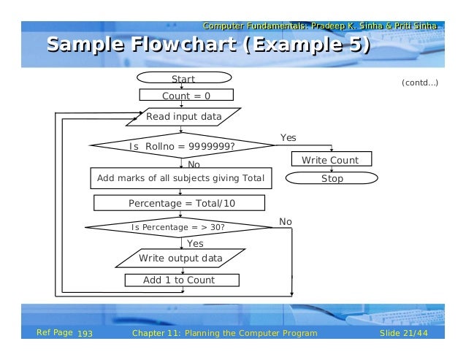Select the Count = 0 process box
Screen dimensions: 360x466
click(x=186, y=96)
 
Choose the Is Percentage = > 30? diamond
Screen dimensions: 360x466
click(x=177, y=227)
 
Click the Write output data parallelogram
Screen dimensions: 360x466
click(x=181, y=258)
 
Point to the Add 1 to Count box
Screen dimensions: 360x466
click(x=180, y=280)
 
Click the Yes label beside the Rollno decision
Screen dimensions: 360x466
click(x=289, y=137)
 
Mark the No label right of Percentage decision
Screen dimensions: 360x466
click(x=286, y=221)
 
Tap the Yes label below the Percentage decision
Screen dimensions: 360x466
click(x=196, y=243)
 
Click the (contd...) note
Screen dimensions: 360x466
click(x=420, y=83)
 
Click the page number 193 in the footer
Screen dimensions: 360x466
click(x=85, y=334)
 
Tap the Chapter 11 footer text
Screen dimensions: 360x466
click(x=224, y=334)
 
